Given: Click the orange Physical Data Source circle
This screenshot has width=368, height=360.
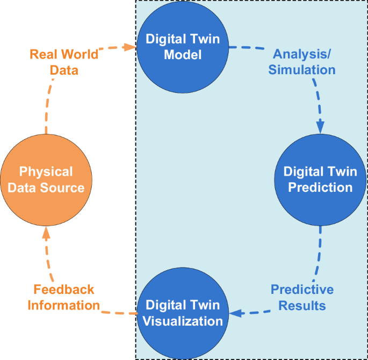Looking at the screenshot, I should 46,180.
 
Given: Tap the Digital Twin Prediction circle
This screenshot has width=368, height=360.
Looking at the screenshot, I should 321,179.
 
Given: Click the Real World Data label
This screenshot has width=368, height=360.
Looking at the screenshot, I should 64,62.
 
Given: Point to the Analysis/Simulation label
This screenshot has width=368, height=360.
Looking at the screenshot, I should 304,62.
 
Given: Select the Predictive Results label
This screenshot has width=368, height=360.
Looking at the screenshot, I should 302,297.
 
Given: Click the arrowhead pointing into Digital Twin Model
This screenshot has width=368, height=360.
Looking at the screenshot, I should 129,47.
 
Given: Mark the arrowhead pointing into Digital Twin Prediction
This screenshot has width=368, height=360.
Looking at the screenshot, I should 320,127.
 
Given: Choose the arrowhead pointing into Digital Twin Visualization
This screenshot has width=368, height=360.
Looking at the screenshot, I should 234,313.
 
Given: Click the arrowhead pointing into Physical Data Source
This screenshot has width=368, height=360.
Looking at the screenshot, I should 46,232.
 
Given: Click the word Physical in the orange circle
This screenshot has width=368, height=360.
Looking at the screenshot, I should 46,172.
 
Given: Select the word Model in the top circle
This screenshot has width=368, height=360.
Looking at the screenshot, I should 182,55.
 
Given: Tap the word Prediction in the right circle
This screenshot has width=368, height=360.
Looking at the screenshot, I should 321,188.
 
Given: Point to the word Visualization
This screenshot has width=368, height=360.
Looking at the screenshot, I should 182,321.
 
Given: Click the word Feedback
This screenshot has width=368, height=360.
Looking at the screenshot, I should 64,290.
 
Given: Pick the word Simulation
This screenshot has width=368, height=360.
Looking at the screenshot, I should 302,70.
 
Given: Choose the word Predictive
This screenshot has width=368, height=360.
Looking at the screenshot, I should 302,290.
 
